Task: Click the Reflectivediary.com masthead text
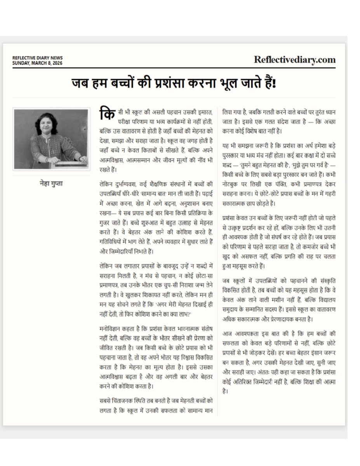[295, 59]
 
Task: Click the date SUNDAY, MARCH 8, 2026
[37, 63]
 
